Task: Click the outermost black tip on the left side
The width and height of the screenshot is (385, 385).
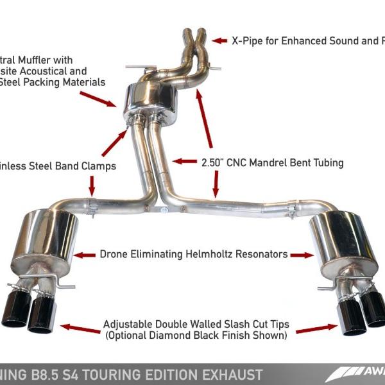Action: click(13, 312)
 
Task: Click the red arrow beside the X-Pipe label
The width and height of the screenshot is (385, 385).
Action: click(220, 40)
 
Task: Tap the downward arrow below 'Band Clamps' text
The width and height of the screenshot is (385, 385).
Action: click(92, 186)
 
